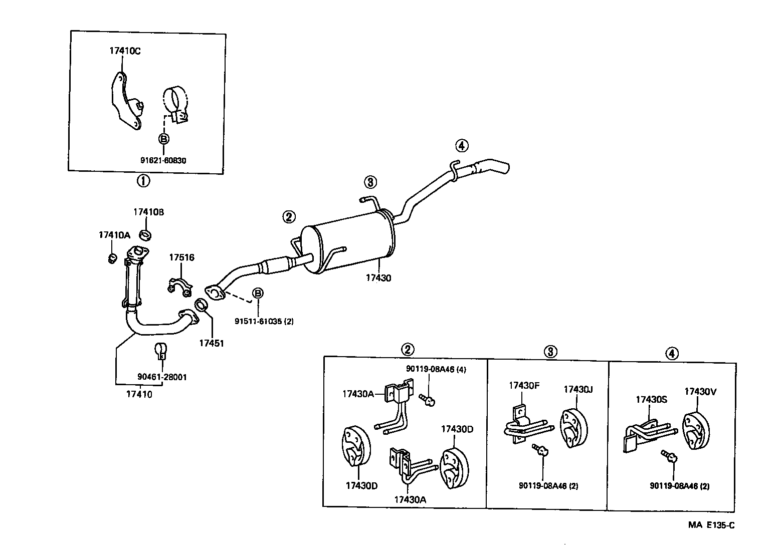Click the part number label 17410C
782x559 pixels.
[x=125, y=51]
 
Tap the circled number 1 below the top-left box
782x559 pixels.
[x=143, y=181]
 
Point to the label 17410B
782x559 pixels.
[x=148, y=212]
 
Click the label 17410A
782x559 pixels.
[x=114, y=234]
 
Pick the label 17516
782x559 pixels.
[x=181, y=257]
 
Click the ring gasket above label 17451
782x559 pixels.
[x=201, y=305]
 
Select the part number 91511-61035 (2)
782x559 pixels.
[x=264, y=321]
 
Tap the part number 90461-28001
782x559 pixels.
[x=161, y=377]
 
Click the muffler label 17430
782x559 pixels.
[x=378, y=278]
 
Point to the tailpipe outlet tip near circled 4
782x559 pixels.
[x=501, y=169]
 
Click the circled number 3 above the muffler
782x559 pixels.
[x=369, y=182]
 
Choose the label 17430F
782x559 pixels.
[x=524, y=385]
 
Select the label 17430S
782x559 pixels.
[x=651, y=399]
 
